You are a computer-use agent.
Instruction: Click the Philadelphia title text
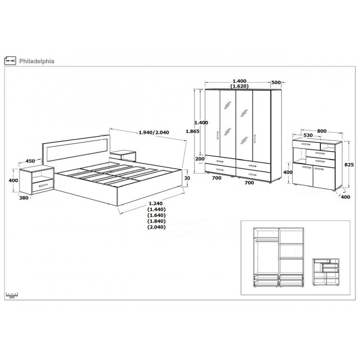tap(37, 61)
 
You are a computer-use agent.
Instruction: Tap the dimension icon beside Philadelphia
tap(10, 61)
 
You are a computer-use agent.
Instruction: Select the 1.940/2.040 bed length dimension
tap(154, 133)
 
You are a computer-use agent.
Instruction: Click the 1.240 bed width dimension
tap(156, 204)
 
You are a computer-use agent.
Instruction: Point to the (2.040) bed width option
tap(156, 227)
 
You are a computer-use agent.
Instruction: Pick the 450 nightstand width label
tap(30, 161)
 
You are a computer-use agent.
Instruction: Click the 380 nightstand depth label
tap(24, 197)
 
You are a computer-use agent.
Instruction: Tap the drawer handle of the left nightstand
tap(43, 185)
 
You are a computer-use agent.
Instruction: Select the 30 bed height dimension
tap(187, 178)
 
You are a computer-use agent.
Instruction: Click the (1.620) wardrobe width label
tap(240, 86)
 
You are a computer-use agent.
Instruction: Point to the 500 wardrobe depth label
tap(276, 82)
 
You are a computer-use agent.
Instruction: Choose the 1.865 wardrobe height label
tap(192, 131)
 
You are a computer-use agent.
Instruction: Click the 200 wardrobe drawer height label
tap(200, 158)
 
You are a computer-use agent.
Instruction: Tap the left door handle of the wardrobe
tap(218, 135)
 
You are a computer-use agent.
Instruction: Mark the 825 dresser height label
tap(349, 165)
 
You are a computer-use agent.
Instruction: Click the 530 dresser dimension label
tap(308, 135)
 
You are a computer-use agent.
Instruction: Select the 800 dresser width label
tap(321, 131)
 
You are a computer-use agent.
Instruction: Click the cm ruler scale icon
tap(12, 295)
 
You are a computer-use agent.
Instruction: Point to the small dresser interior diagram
tap(326, 272)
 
